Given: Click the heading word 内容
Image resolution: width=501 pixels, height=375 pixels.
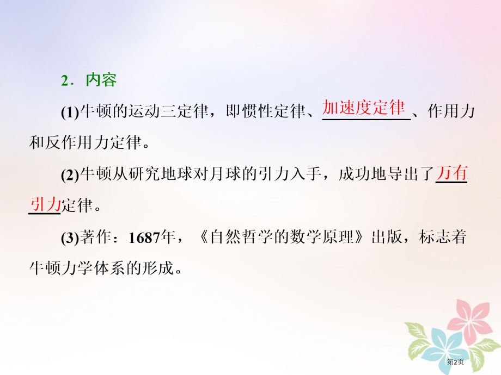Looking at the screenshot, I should pos(101,80).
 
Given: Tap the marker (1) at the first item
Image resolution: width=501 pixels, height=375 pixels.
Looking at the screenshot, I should pos(70,112).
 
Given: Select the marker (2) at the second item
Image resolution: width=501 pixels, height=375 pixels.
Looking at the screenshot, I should pos(70,176).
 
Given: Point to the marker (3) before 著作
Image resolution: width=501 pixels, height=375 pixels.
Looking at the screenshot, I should pos(70,238).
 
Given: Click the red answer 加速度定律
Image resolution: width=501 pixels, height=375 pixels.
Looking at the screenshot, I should pos(364,108).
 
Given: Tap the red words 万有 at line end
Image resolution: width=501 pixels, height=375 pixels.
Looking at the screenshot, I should pos(451,174).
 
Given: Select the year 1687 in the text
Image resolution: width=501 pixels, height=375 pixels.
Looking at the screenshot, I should pos(143,238).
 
